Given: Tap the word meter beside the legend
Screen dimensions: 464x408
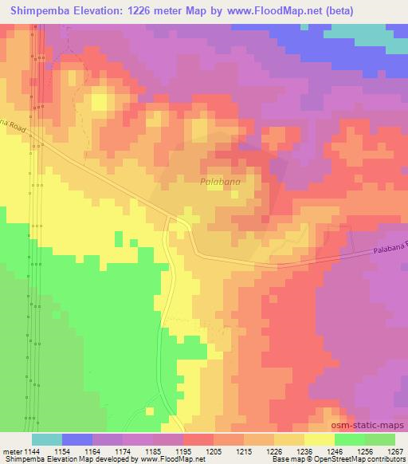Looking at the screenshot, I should [12, 450].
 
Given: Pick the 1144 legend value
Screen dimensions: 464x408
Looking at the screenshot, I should [33, 450].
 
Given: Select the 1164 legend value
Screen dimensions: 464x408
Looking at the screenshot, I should [93, 450].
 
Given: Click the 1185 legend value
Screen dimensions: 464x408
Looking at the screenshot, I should [153, 450].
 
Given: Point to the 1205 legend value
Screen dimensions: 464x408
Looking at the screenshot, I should [214, 450].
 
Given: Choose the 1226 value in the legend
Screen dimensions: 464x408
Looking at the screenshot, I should [273, 450].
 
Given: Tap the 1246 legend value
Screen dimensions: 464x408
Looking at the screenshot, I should [334, 450].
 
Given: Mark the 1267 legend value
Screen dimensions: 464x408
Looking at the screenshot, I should [394, 450].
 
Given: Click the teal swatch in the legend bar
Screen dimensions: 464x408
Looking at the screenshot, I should [47, 439].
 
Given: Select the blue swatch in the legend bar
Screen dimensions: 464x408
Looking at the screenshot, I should [77, 439].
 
